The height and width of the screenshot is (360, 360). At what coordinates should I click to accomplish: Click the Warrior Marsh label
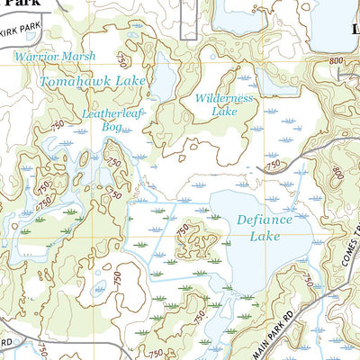53,57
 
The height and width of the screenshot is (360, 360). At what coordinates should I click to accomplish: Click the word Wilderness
224,98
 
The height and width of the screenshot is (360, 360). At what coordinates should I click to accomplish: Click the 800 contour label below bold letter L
337,59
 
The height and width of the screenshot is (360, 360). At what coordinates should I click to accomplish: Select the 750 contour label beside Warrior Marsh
121,60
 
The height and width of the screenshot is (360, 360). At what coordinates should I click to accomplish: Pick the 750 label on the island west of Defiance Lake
184,231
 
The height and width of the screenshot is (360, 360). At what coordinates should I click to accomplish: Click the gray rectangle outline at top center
188,20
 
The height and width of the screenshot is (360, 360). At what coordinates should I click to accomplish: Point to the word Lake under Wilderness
223,112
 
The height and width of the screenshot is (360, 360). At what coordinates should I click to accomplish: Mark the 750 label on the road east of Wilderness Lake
273,164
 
